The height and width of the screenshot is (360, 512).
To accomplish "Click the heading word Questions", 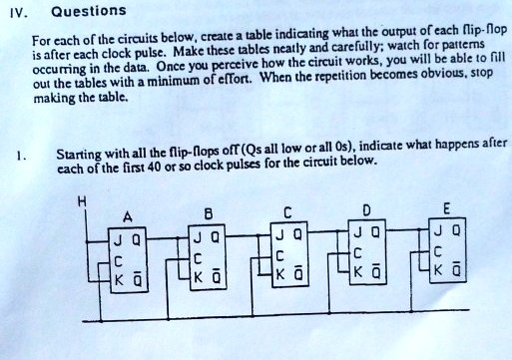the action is tap(89, 11).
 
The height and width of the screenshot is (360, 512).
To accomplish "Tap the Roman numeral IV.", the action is tap(18, 13).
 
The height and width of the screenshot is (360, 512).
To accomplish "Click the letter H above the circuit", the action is tap(82, 201).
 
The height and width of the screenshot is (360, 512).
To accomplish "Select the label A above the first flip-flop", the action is tap(128, 217).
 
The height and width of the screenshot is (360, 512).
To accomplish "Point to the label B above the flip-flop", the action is tap(208, 213).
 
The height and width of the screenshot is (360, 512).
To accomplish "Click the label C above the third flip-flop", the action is tap(287, 212).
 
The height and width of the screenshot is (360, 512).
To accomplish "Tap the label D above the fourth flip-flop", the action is tap(366, 210).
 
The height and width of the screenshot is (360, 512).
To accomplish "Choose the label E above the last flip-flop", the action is tap(446, 209).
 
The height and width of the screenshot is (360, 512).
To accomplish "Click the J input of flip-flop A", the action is tap(118, 240).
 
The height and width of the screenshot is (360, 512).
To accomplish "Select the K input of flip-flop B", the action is tap(198, 277).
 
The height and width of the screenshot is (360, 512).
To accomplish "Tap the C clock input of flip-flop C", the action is tap(279, 257).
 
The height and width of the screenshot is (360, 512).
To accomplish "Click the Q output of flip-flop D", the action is tap(375, 232).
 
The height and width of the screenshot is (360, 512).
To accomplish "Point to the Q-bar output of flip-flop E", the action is tap(457, 269).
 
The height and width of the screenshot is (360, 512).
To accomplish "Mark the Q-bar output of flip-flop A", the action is tap(137, 279).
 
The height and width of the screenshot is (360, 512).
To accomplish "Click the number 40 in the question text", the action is tap(154, 167).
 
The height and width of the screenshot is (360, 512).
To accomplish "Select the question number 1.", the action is tap(21, 156).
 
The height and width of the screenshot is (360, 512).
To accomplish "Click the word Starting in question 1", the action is tap(78, 155).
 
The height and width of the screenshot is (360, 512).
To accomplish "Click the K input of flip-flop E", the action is tap(438, 270).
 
